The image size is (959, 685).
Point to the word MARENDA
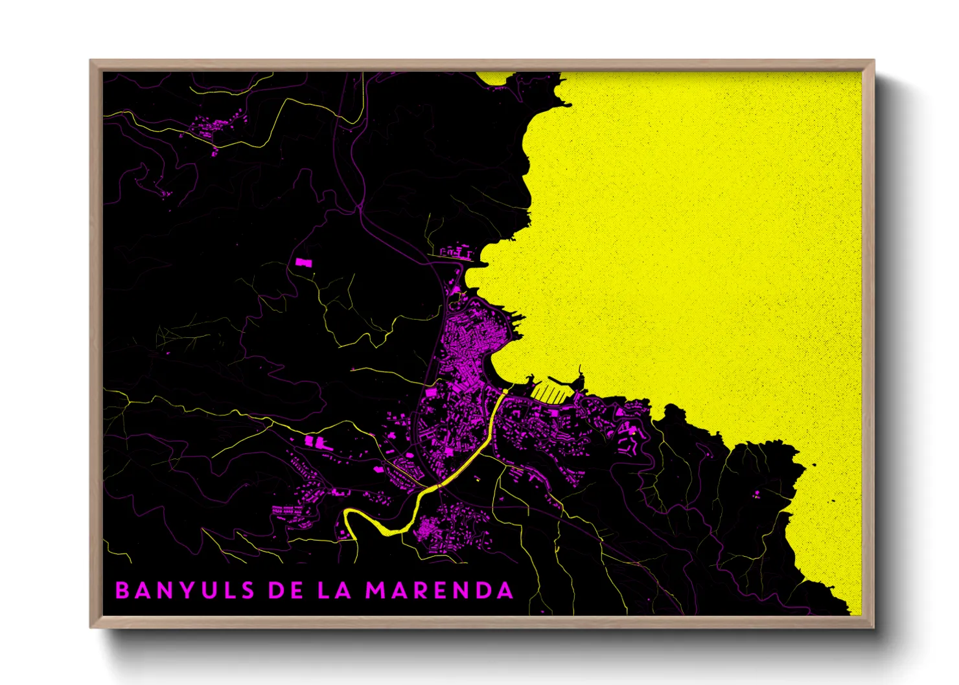(x=439, y=590)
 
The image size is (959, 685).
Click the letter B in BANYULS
(x=122, y=590)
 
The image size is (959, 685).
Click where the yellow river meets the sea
(x=504, y=391)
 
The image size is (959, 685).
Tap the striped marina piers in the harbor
(x=548, y=392)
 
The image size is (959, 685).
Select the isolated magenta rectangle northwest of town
(x=303, y=262)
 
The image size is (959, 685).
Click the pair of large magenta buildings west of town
(x=318, y=442)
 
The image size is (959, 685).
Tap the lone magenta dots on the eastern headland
(x=756, y=495)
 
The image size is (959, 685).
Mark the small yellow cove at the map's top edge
(x=496, y=79)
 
